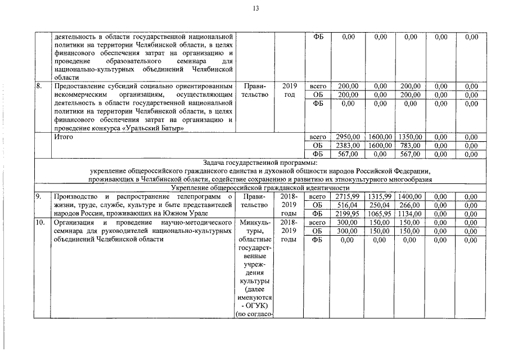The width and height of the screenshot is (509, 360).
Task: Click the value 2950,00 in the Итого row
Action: (348, 137)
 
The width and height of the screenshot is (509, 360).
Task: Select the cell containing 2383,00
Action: (348, 145)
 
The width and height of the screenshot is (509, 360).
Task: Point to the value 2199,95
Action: (348, 214)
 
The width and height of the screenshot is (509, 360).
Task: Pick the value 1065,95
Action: (380, 214)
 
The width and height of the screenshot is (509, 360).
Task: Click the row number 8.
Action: (39, 86)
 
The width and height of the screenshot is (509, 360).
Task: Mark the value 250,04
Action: (380, 205)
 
